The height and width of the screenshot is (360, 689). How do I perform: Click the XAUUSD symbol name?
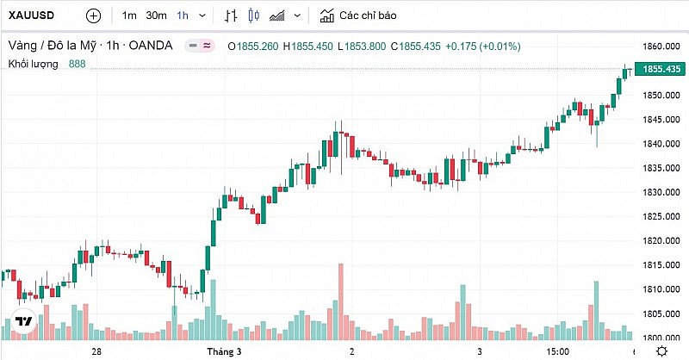coord(34,16)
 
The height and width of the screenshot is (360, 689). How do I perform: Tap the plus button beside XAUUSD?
coord(94,16)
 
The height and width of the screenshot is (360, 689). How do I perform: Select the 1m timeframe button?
coord(129,16)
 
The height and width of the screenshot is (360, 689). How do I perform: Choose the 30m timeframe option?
coord(156,16)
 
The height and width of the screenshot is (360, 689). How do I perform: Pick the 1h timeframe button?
coord(183,16)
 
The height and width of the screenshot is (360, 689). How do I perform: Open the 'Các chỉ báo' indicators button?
coord(358,16)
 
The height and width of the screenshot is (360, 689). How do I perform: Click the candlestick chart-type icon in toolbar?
coord(253,16)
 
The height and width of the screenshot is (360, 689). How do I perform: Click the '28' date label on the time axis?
coord(96,351)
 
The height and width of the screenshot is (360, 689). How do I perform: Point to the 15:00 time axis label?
coord(557,351)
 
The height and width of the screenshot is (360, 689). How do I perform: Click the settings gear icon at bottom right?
coord(661,351)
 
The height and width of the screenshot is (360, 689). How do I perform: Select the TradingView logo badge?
coord(24,321)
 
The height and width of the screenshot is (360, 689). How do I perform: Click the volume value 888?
coord(77,64)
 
